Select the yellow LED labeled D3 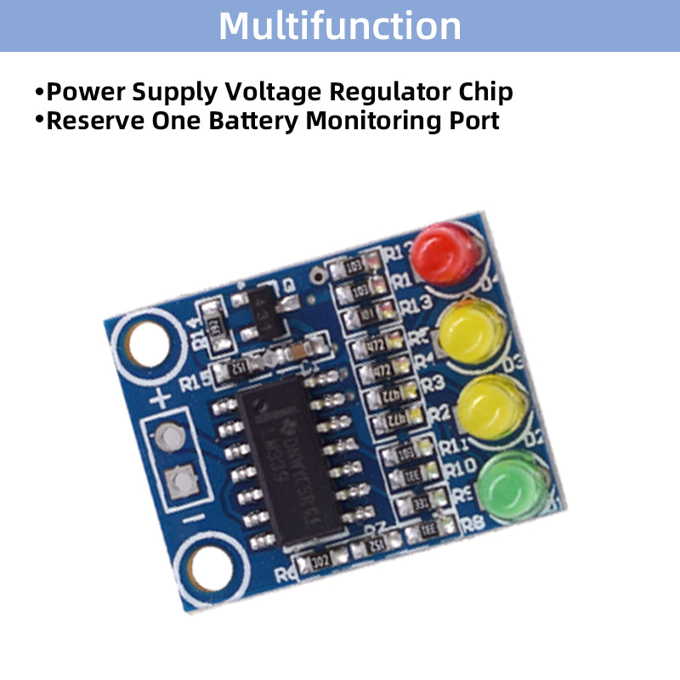[473, 330]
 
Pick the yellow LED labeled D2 [491, 406]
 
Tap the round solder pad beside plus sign [171, 437]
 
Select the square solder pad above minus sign [182, 483]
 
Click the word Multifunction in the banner [340, 25]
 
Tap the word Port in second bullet [474, 120]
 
